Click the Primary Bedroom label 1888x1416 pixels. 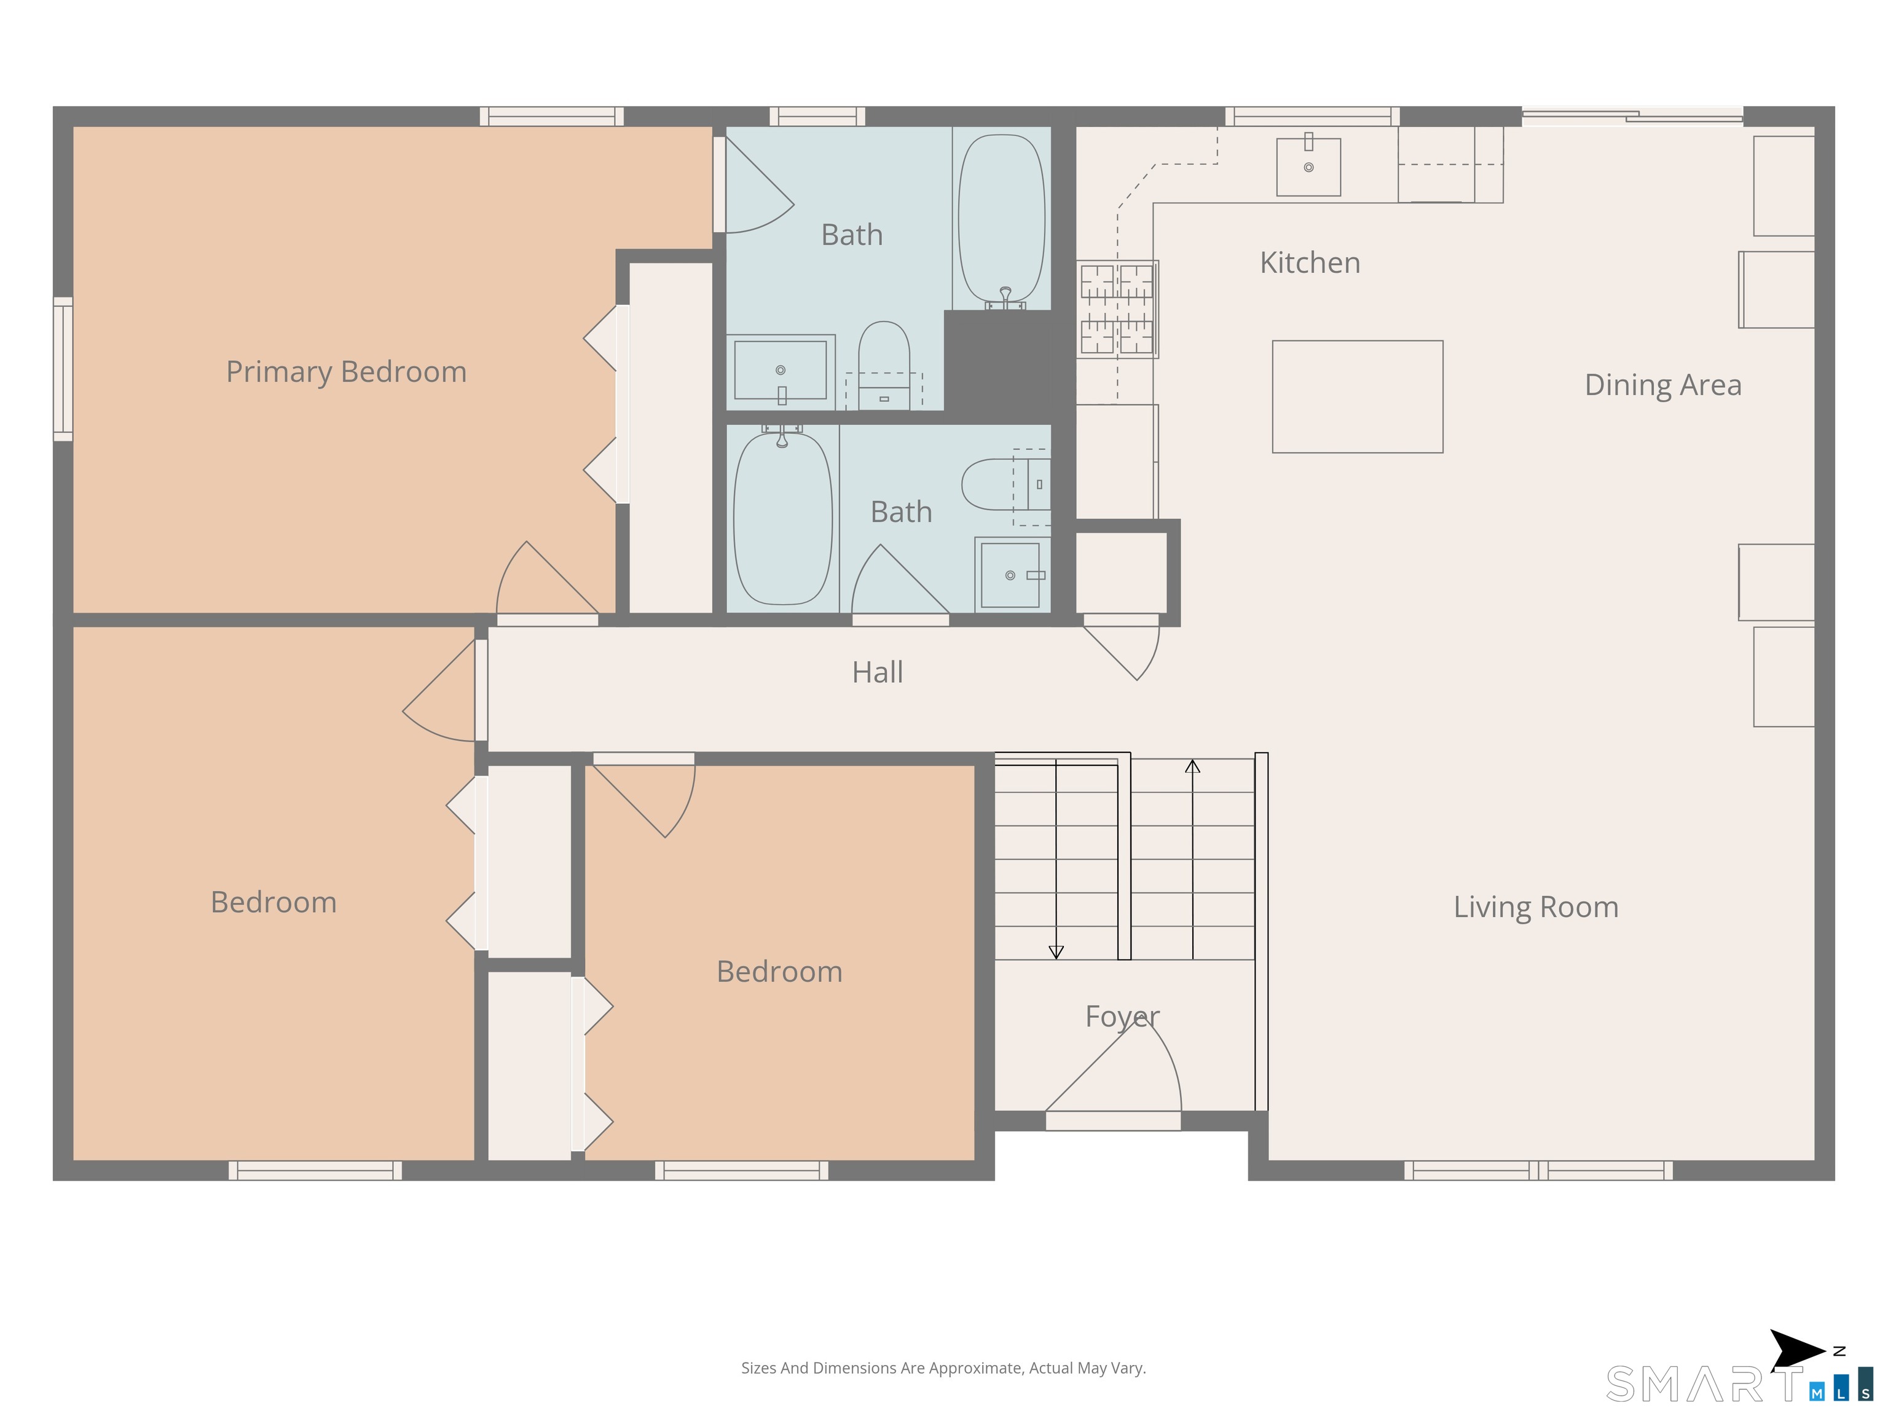coord(347,372)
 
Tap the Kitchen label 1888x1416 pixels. coord(1310,263)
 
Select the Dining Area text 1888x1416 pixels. coord(1662,385)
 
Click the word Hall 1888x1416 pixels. coord(878,672)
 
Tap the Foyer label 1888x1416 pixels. coord(1122,1017)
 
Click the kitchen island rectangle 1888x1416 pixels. coord(1357,397)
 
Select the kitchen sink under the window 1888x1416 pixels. coord(1308,167)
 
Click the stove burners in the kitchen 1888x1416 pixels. coord(1117,309)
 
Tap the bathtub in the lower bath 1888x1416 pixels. coord(783,518)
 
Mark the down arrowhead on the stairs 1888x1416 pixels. coord(1056,953)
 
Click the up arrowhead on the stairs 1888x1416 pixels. coord(1192,766)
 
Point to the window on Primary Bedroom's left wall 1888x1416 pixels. coord(63,369)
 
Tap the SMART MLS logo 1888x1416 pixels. coord(1739,1383)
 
